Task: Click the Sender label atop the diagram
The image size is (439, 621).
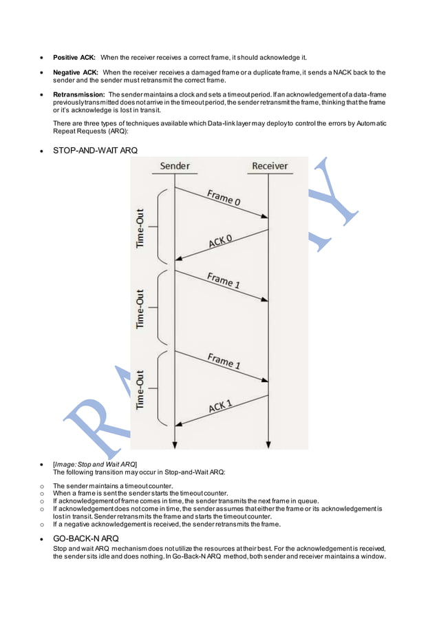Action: (175, 166)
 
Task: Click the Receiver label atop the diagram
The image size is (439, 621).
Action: (270, 166)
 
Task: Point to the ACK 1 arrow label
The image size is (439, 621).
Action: (220, 406)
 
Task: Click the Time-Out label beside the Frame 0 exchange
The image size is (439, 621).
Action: (140, 228)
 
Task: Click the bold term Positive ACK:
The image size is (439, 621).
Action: (74, 57)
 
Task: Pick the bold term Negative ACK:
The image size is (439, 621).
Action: (76, 72)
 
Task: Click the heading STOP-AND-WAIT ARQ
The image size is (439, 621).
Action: (90, 150)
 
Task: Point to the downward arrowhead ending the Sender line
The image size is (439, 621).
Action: (175, 443)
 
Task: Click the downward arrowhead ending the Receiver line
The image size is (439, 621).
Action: (268, 443)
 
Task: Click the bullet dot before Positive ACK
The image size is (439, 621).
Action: (43, 58)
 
